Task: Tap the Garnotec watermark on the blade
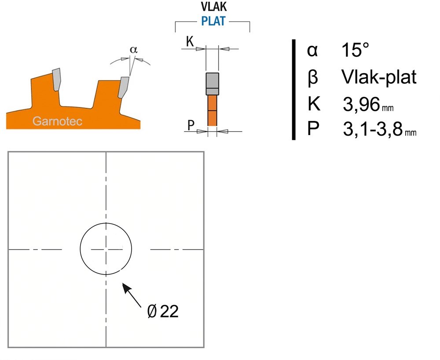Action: coord(57,121)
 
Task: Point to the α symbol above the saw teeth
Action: coord(134,50)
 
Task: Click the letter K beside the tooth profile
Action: coord(190,42)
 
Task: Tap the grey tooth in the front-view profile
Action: coord(212,84)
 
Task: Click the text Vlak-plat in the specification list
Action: coord(379,77)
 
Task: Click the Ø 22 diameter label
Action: coord(163,311)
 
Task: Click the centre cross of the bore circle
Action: coord(106,249)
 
